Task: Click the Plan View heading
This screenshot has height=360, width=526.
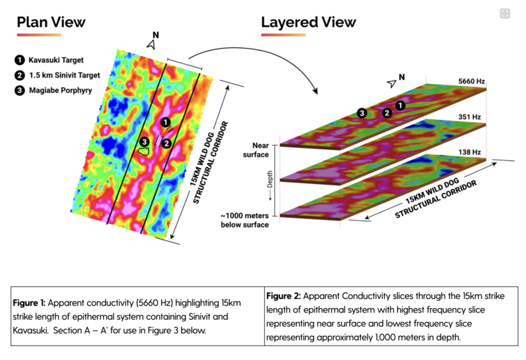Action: click(51, 21)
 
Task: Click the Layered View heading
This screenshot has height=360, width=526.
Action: click(308, 21)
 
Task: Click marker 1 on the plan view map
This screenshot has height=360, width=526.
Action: click(166, 122)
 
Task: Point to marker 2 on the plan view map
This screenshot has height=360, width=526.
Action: click(167, 143)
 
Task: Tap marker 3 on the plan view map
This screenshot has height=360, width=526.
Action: click(144, 141)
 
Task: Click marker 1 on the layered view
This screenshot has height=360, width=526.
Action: click(400, 105)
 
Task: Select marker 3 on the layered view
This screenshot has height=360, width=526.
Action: click(362, 114)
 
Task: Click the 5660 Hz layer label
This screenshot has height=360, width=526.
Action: click(471, 81)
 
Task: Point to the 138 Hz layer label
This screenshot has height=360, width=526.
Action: click(470, 152)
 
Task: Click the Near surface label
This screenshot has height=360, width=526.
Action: click(256, 149)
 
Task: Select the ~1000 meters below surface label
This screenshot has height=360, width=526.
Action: click(245, 220)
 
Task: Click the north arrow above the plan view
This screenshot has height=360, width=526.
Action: click(153, 43)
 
